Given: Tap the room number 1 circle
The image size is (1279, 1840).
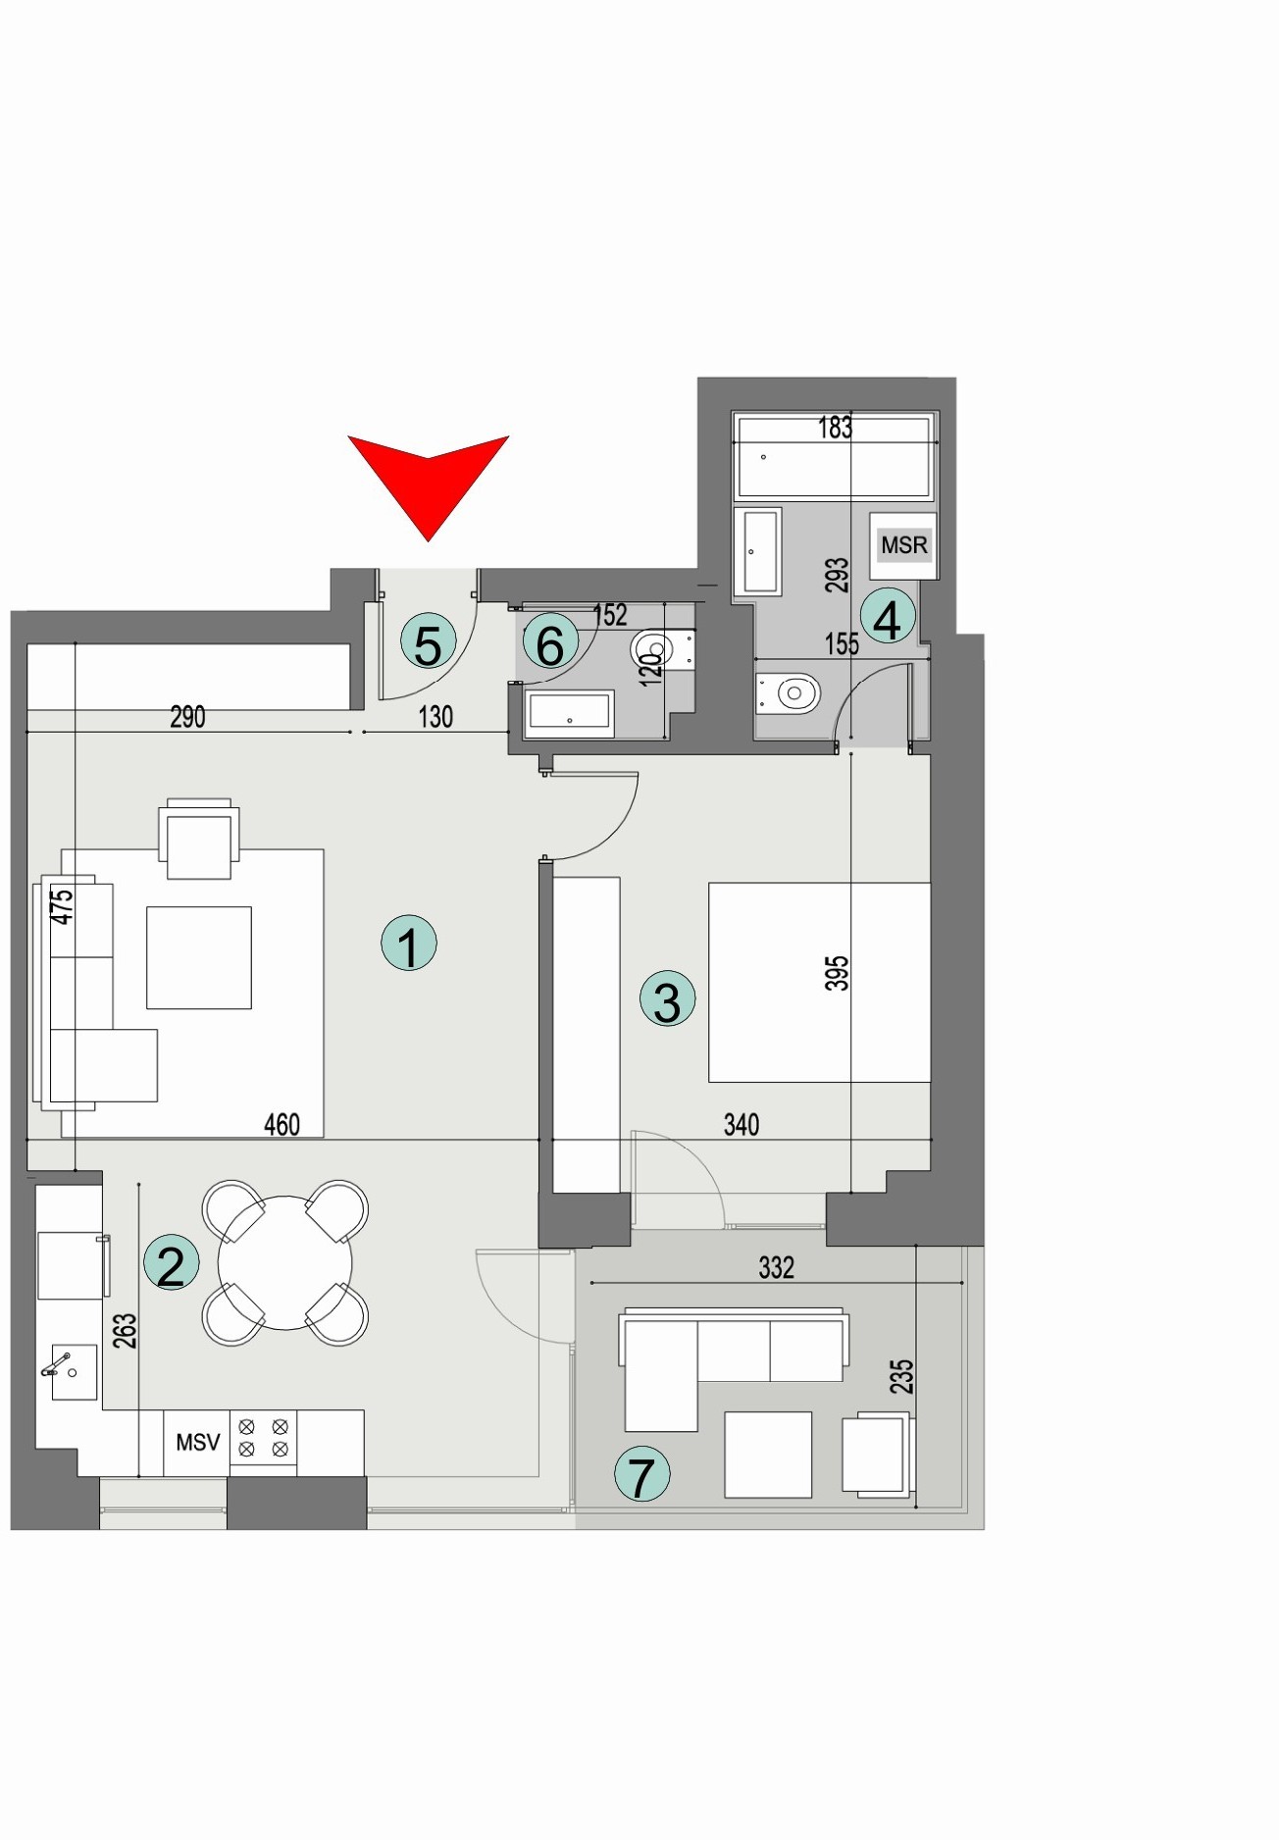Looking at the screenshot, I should pyautogui.click(x=408, y=944).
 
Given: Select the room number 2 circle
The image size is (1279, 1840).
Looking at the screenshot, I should pyautogui.click(x=171, y=1262).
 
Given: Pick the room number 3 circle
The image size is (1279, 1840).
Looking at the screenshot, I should pyautogui.click(x=667, y=999).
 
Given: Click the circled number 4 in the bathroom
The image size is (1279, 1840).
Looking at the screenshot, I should pyautogui.click(x=888, y=618).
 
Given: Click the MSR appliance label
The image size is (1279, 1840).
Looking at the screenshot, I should pyautogui.click(x=903, y=545).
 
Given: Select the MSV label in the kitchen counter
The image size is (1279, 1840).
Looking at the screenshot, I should pyautogui.click(x=197, y=1442).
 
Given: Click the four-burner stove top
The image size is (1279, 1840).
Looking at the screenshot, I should pyautogui.click(x=263, y=1438).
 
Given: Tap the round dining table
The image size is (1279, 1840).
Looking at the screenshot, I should pyautogui.click(x=284, y=1262).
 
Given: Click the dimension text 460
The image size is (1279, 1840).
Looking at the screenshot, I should pyautogui.click(x=281, y=1124).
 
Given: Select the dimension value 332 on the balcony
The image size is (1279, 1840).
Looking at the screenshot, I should pyautogui.click(x=776, y=1267).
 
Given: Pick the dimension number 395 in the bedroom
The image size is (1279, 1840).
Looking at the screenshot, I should pyautogui.click(x=837, y=973).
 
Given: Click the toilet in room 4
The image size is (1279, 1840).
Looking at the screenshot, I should pyautogui.click(x=789, y=693).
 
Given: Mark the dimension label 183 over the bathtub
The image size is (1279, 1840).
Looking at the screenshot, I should pyautogui.click(x=835, y=428).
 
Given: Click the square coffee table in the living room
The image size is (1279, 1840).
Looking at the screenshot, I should pyautogui.click(x=199, y=957).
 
